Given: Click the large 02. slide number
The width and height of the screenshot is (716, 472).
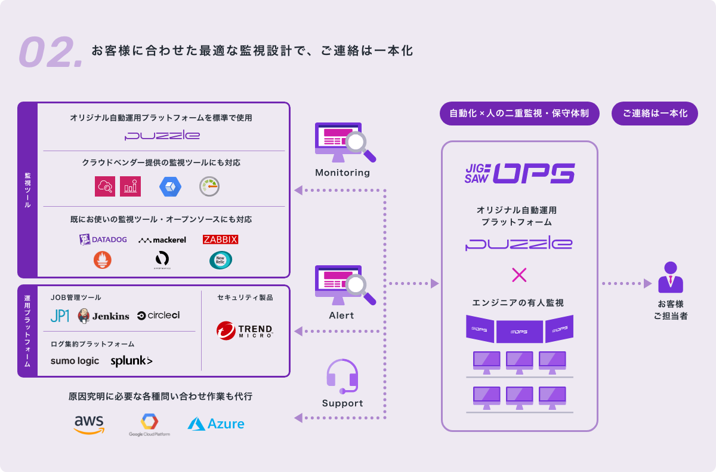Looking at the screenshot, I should [51, 52].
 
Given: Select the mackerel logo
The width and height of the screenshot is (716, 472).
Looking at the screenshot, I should [162, 240].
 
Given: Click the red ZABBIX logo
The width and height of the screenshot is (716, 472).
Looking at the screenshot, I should [220, 240].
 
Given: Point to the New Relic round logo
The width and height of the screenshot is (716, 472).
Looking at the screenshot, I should [220, 260].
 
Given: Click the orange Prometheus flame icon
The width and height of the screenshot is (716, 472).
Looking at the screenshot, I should [103, 260].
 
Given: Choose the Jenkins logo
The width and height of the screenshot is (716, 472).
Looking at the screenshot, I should [103, 315].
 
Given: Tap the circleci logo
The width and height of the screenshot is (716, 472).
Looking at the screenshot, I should [158, 315].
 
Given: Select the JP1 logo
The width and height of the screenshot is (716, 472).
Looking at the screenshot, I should [60, 315].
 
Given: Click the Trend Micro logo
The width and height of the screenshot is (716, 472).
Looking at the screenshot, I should [245, 330].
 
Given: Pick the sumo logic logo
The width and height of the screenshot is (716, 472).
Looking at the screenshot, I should [75, 361].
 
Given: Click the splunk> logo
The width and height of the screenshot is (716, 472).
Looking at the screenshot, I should [131, 361].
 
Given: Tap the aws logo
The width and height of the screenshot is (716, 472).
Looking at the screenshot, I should [89, 424].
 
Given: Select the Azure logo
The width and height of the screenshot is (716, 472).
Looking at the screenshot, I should [216, 424].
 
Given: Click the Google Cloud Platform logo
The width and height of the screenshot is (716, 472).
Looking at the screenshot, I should [149, 425].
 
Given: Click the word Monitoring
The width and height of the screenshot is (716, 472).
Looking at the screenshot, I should [342, 173].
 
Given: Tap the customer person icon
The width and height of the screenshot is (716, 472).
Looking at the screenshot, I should [670, 277].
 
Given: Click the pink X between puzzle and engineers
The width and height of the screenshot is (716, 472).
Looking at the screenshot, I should [520, 275].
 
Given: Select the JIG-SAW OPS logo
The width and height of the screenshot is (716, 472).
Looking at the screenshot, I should [519, 173].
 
